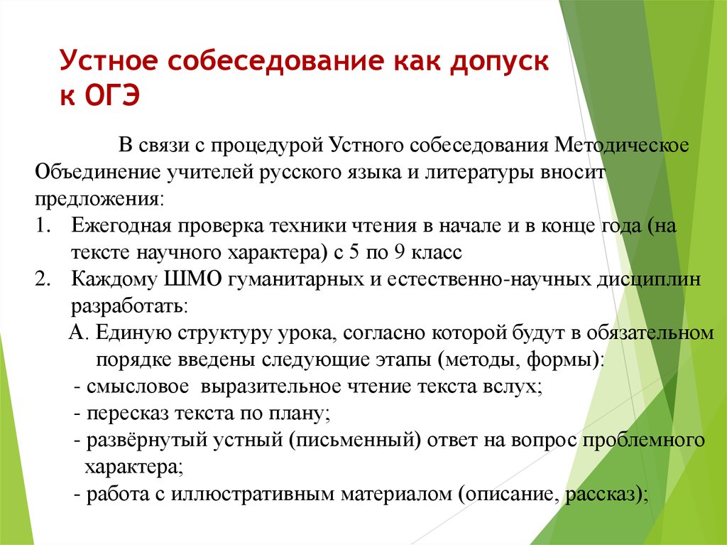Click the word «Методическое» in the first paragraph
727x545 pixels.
[x=622, y=145]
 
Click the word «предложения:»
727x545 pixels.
[x=99, y=200]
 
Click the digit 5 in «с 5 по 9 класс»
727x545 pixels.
[x=354, y=252]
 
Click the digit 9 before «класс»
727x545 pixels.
[x=400, y=252]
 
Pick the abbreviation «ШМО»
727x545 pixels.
[x=192, y=279]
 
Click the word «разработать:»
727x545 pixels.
[x=129, y=306]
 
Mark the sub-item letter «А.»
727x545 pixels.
[x=78, y=333]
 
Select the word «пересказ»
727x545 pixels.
[x=128, y=414]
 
